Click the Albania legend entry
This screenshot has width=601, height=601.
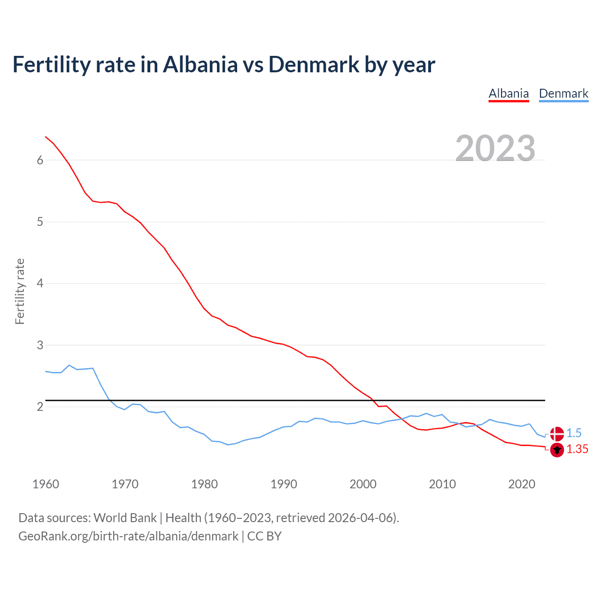click(509, 93)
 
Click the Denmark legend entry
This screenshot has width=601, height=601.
click(563, 93)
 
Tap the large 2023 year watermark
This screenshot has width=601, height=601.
click(495, 148)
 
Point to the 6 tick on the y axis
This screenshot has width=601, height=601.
click(40, 160)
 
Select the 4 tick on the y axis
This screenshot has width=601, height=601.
click(40, 283)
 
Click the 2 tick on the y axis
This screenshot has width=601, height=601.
click(40, 407)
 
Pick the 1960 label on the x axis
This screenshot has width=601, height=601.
click(46, 484)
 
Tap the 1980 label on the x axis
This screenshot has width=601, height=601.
click(204, 484)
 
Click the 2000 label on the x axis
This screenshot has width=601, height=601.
click(363, 484)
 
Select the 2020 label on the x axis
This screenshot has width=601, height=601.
click(522, 484)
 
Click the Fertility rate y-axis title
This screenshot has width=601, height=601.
click(20, 291)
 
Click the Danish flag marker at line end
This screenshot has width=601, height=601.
click(557, 434)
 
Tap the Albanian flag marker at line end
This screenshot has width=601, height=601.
click(557, 450)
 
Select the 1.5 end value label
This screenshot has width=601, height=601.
click(574, 433)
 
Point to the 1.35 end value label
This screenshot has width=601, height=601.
click(577, 449)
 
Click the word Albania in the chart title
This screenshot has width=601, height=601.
click(200, 65)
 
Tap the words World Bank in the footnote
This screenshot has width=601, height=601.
click(125, 518)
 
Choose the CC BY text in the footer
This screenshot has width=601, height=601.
click(264, 536)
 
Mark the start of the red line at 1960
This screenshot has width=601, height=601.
click(46, 137)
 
